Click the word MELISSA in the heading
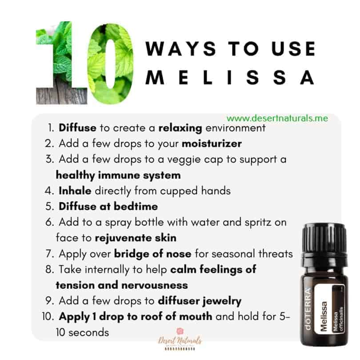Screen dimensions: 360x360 tap(230, 77)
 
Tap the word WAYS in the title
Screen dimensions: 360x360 tap(181, 49)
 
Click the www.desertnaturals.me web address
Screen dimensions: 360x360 tap(277, 118)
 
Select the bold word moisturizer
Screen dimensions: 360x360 tap(212, 144)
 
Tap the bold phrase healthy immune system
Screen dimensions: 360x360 tap(118, 176)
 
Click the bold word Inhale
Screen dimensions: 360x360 tap(75, 191)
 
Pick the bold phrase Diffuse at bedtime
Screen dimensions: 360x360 tap(108, 206)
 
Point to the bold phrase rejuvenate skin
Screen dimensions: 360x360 tap(136, 238)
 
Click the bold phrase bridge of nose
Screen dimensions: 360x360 tap(153, 254)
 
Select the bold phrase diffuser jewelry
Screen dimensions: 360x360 tap(200, 301)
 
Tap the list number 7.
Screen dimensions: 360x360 tap(50, 254)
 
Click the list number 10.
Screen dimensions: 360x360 tap(48, 316)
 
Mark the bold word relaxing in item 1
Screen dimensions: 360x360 tap(180, 128)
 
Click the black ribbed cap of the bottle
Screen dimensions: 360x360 tap(324, 238)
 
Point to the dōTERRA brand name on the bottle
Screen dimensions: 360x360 tap(307, 309)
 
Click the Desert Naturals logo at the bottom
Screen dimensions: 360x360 tap(180, 340)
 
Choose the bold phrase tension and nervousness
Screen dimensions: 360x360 tap(122, 285)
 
